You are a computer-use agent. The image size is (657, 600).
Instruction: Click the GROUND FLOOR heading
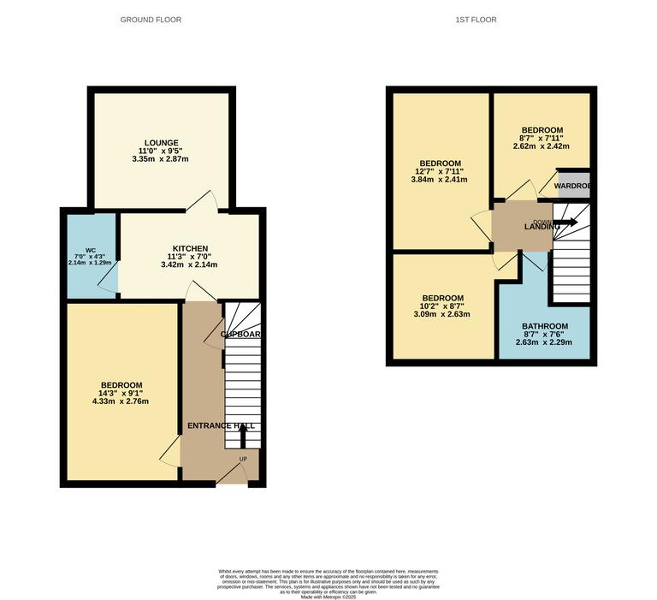click(151, 20)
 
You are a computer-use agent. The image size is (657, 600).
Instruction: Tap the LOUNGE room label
click(161, 143)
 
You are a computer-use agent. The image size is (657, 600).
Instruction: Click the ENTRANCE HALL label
click(221, 425)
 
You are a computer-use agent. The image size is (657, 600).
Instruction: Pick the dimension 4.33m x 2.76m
click(121, 401)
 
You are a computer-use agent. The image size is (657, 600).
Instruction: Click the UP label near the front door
click(243, 459)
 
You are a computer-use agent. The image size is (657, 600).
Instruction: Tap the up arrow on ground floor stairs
click(241, 437)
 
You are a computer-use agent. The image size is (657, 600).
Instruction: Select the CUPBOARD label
click(240, 334)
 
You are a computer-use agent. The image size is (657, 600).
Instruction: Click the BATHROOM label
click(544, 326)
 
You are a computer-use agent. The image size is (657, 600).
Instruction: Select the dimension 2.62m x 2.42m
click(542, 146)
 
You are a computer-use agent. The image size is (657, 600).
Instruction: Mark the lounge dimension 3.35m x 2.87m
click(161, 159)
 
